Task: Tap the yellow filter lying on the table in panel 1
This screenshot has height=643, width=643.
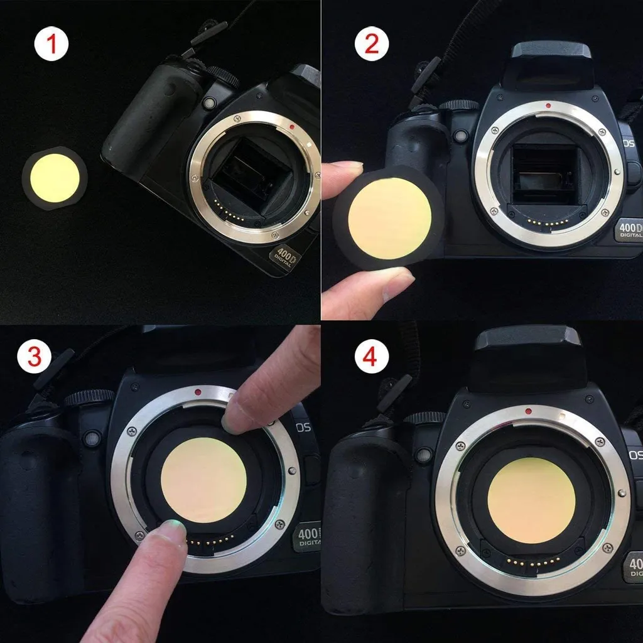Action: coord(55,178)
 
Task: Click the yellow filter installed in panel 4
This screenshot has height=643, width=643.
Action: coord(531,504)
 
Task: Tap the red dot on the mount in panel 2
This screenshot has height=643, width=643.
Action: coord(549,105)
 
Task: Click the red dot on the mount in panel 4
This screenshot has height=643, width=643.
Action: coord(529,411)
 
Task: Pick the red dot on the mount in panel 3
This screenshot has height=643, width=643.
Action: coord(198,392)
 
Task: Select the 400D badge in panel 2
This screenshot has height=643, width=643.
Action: coord(629,230)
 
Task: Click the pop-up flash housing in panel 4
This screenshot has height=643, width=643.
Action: coord(527,357)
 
